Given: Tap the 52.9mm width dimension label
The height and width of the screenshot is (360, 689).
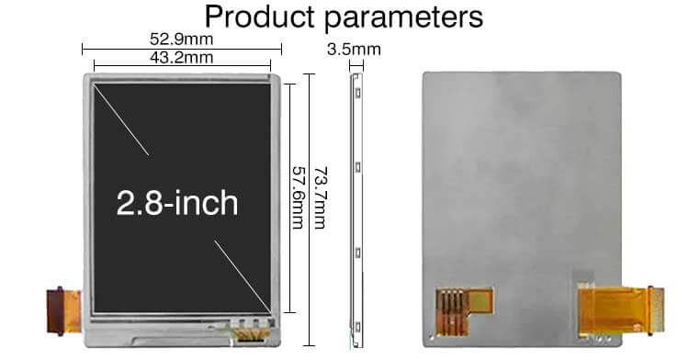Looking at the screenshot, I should coord(181,39).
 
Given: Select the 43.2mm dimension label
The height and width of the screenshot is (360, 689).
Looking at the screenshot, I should coord(181,57).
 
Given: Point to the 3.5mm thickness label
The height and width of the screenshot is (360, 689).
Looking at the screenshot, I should coord(354,49).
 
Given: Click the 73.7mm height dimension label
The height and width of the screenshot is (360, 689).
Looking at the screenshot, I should coord(322,197).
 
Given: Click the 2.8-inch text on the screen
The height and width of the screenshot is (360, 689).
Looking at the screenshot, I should coord(177,203).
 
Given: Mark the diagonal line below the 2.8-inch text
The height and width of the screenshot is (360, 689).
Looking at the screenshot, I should coord(243,275).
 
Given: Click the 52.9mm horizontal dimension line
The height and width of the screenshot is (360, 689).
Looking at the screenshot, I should coord(181,49).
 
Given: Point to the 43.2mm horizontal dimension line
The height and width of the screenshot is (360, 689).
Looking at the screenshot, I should coord(181,65).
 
